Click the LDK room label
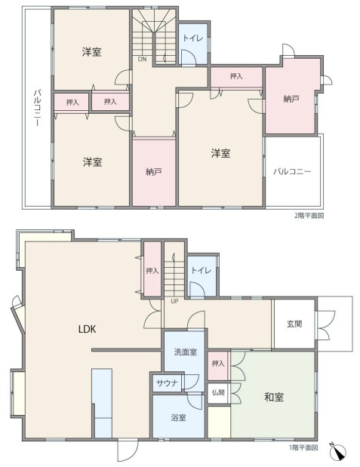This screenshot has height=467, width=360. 87,329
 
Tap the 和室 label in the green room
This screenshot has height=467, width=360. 274,397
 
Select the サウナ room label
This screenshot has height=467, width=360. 167,383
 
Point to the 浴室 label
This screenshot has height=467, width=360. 178,417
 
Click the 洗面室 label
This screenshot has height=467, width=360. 186,352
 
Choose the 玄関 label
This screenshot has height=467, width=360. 294,324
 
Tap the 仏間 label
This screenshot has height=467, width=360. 218,392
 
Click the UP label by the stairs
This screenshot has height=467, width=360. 174,301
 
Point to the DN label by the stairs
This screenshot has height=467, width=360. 142,59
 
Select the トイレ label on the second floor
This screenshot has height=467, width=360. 192,38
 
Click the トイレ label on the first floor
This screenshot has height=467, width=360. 202,270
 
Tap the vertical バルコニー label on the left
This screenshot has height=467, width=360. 37,107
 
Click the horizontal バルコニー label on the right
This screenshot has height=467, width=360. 292,171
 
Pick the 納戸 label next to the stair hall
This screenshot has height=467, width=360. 154,172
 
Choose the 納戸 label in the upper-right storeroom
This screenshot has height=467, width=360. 291,99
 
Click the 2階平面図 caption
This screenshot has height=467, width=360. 309,216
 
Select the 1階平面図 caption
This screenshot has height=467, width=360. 303,447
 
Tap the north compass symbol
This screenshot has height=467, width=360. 338,451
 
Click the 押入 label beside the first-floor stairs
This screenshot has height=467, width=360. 152,271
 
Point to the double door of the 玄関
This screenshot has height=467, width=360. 326,325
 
